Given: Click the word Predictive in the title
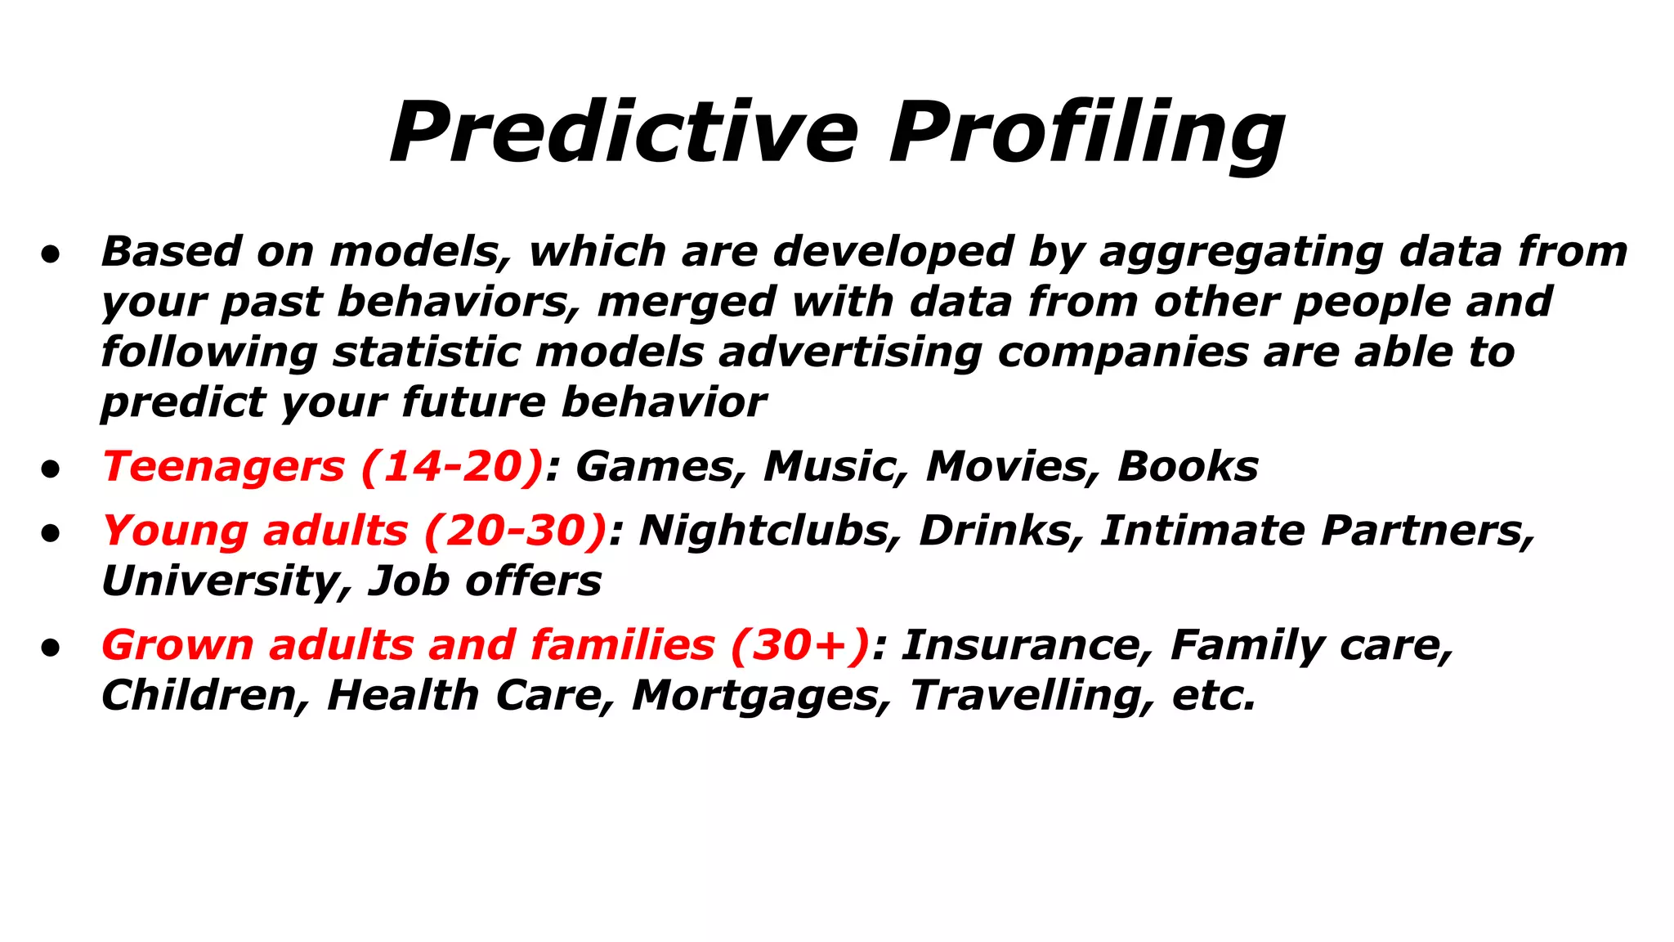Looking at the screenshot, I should coord(624,132).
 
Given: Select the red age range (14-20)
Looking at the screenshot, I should coord(452,467).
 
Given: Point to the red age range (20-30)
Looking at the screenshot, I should coord(516,531).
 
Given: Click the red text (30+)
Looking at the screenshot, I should coord(800,645).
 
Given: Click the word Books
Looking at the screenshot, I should coord(1188,467).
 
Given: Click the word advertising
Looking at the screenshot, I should coord(850,352).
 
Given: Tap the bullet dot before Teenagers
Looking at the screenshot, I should coord(51,469).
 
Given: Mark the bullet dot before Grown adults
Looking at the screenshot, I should coord(51,648).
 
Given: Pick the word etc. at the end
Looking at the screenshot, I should coord(1214,696).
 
